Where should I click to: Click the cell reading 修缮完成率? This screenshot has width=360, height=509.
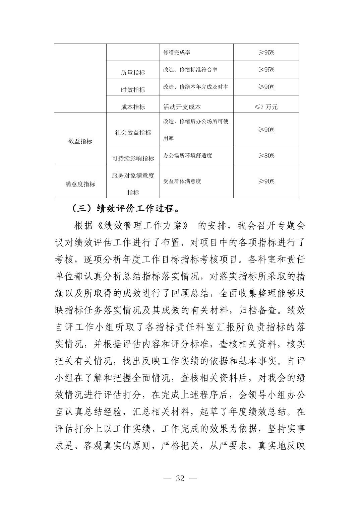click(x=177, y=53)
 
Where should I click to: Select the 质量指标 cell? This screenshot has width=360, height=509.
click(x=133, y=72)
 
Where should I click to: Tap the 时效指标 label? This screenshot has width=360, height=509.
click(x=133, y=90)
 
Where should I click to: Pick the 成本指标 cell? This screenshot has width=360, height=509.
click(x=133, y=107)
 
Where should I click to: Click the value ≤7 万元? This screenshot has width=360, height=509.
click(x=266, y=107)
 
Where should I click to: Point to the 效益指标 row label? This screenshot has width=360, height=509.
click(x=80, y=141)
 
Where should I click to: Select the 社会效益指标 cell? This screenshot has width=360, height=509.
click(x=133, y=133)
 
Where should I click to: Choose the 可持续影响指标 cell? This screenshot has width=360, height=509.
click(x=133, y=158)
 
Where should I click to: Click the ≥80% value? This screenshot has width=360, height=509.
click(x=266, y=155)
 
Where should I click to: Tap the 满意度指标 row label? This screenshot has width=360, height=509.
click(x=80, y=184)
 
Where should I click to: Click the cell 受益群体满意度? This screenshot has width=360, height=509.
click(x=182, y=181)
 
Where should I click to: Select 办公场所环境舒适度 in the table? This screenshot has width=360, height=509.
click(x=187, y=155)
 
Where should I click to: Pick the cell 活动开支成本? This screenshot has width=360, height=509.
click(x=182, y=107)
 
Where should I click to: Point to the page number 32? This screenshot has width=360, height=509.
click(x=180, y=478)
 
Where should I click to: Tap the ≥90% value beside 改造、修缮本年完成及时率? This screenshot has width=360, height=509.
click(x=266, y=87)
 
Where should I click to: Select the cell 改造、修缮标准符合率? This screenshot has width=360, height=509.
click(x=190, y=70)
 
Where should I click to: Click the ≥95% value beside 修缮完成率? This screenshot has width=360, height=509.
click(x=266, y=53)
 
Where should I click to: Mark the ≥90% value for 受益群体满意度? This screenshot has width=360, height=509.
click(x=266, y=181)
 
